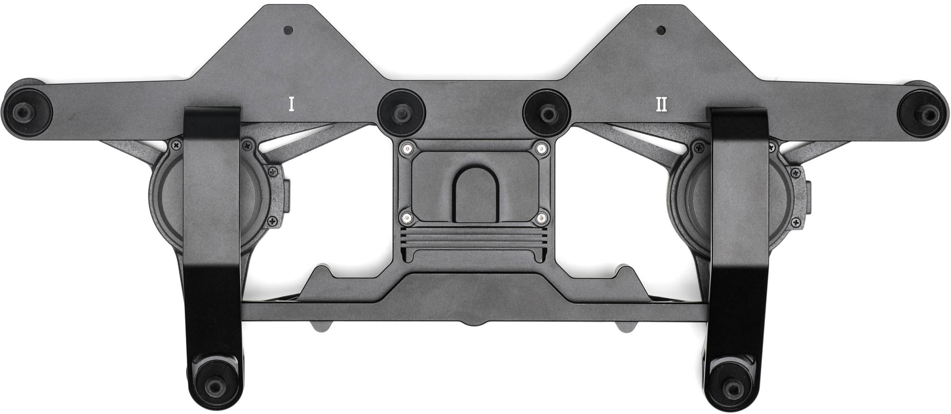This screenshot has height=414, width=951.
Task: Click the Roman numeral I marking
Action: (x=291, y=104)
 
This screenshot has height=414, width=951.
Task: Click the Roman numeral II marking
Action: (x=661, y=104)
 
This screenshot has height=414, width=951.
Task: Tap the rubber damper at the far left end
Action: (x=27, y=112)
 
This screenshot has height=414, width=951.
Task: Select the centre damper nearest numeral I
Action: (x=402, y=112)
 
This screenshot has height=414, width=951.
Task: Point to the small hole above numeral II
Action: (x=660, y=30)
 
